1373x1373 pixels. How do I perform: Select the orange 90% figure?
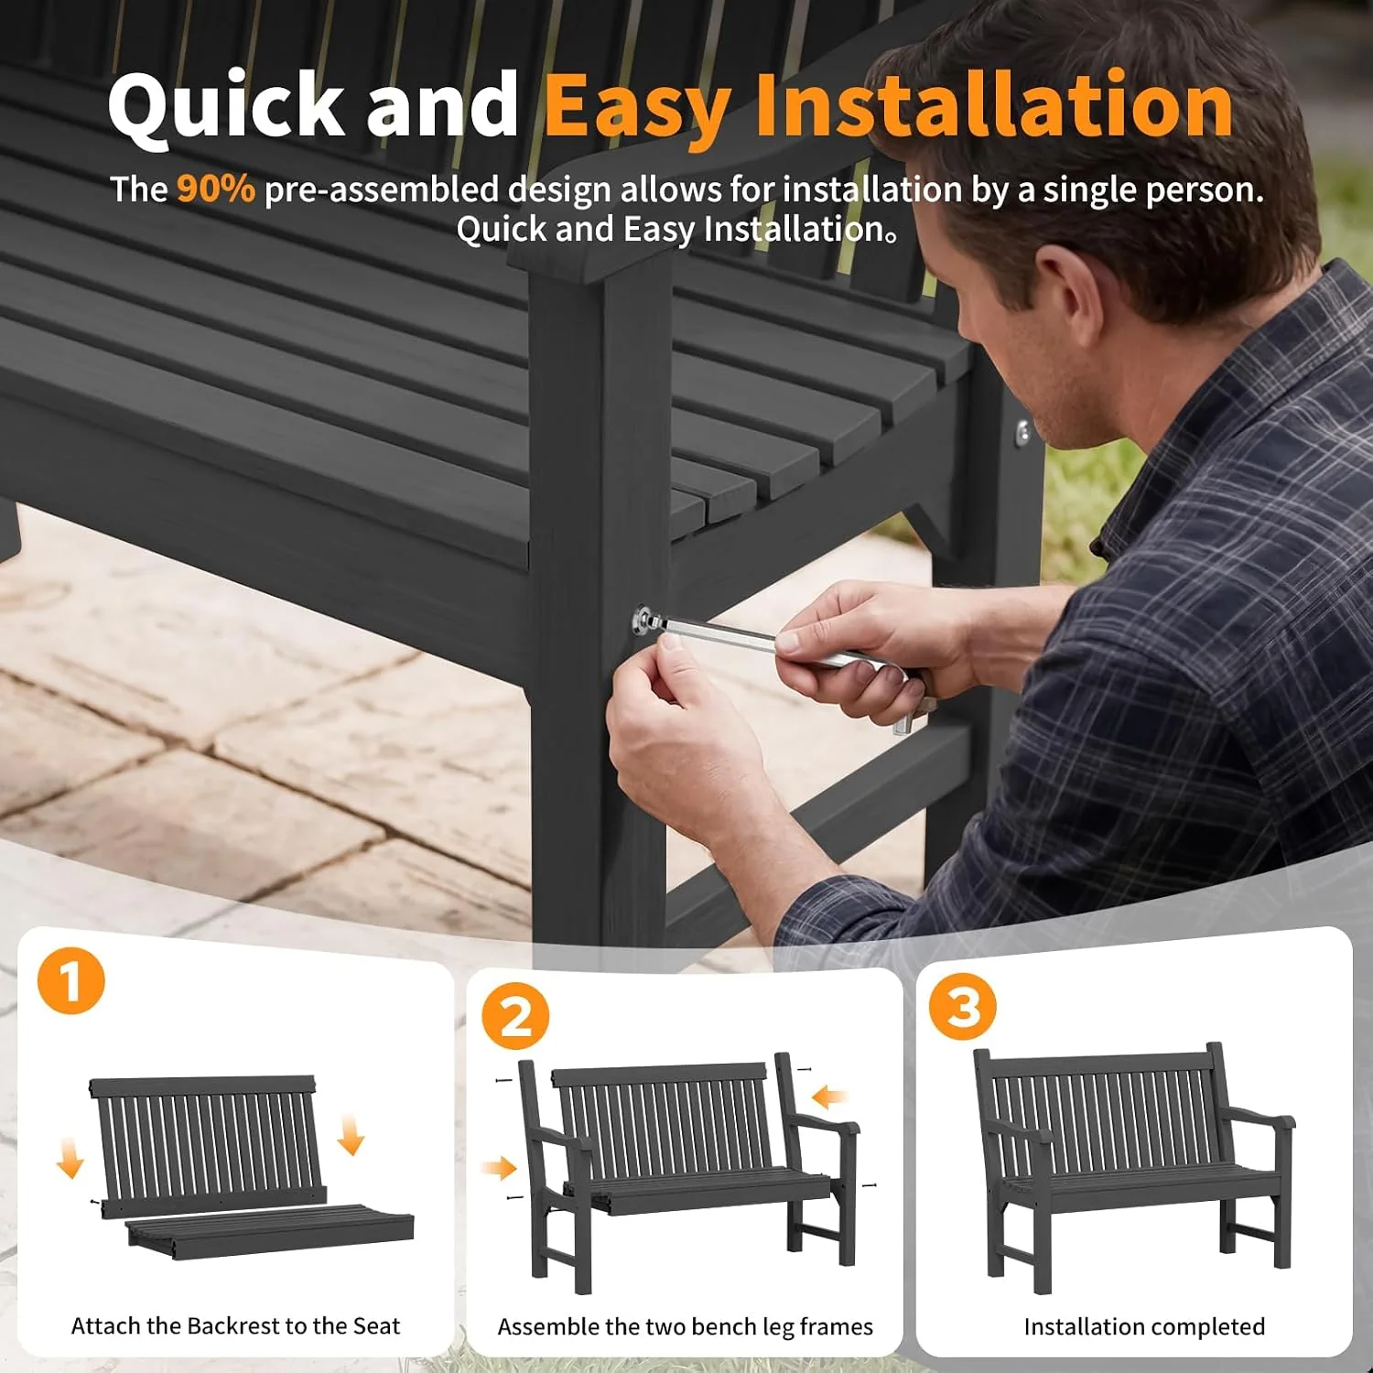pyautogui.click(x=215, y=189)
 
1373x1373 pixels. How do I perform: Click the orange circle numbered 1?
pyautogui.click(x=71, y=980)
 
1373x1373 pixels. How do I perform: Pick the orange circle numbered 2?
pyautogui.click(x=515, y=1015)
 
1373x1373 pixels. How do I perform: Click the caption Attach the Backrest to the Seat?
pyautogui.click(x=236, y=1325)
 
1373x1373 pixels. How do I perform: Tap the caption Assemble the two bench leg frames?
pyautogui.click(x=686, y=1326)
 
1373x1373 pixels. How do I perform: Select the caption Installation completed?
pyautogui.click(x=1144, y=1326)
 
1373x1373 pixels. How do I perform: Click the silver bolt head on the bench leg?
pyautogui.click(x=645, y=620)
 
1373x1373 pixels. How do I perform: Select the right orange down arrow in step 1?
pyautogui.click(x=351, y=1135)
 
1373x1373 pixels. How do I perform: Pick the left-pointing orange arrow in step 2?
pyautogui.click(x=829, y=1096)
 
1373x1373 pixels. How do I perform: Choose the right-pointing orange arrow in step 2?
pyautogui.click(x=500, y=1167)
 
